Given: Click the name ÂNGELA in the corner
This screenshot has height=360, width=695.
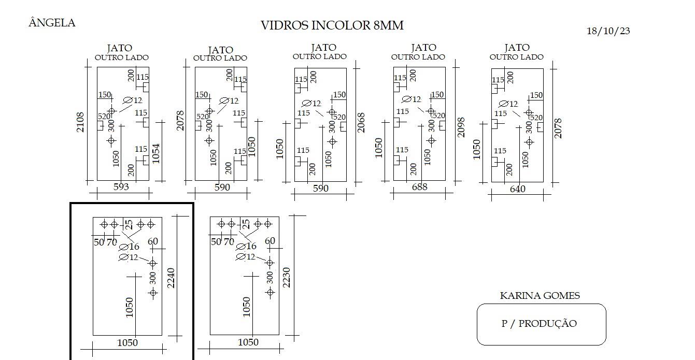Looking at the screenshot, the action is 52,23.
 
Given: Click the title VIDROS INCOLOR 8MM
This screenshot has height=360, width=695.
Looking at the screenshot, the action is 332,25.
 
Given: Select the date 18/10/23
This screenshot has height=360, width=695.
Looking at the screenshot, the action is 608,31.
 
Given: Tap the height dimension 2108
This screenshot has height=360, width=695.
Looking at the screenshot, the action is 80,122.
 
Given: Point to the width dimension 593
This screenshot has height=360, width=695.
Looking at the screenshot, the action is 121,186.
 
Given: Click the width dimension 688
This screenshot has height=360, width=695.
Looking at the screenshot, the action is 419,187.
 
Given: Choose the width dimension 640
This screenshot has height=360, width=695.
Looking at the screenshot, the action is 518,189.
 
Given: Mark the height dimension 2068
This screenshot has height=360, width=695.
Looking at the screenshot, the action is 361,123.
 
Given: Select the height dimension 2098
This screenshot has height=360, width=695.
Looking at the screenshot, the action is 461,127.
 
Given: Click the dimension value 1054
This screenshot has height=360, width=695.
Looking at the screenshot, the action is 156,153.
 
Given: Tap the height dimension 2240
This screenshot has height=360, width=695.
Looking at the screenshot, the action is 171,278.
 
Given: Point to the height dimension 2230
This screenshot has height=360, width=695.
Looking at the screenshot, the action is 287,278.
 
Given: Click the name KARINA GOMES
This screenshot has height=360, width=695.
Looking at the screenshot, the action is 540,295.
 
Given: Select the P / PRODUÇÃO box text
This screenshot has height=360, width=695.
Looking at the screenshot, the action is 539,323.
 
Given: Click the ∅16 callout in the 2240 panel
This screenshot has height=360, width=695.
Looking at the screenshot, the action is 129,247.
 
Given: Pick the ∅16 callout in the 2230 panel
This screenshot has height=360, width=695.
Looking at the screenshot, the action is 246,247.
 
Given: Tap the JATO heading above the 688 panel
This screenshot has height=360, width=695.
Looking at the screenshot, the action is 424,48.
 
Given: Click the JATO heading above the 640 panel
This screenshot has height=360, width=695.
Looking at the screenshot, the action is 517,48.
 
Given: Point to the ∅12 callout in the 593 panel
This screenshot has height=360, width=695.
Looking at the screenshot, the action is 133,100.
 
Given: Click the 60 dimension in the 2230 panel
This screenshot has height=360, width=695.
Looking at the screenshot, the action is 270,241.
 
